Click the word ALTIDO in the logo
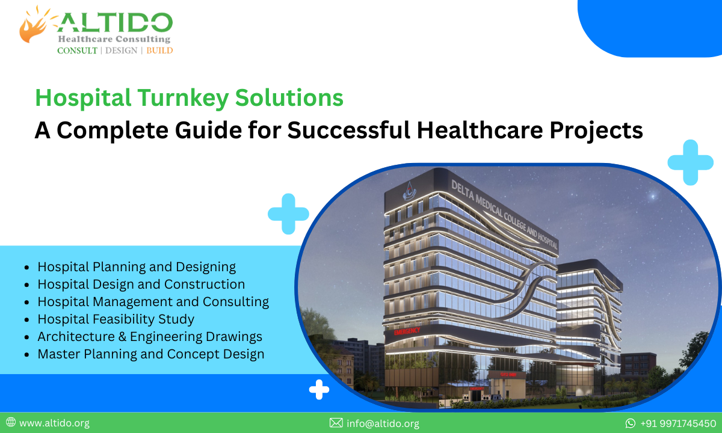114,23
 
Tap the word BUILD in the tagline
159,51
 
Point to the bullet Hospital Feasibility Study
116,319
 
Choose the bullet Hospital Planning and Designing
137,267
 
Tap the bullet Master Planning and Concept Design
150,354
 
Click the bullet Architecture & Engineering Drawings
150,337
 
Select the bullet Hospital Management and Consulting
153,302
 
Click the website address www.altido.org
54,423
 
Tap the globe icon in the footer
11,423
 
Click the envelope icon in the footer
336,423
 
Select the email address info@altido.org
383,423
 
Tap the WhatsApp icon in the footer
631,423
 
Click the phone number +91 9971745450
678,423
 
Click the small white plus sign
319,390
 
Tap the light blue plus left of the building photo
288,213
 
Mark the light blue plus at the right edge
690,162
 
